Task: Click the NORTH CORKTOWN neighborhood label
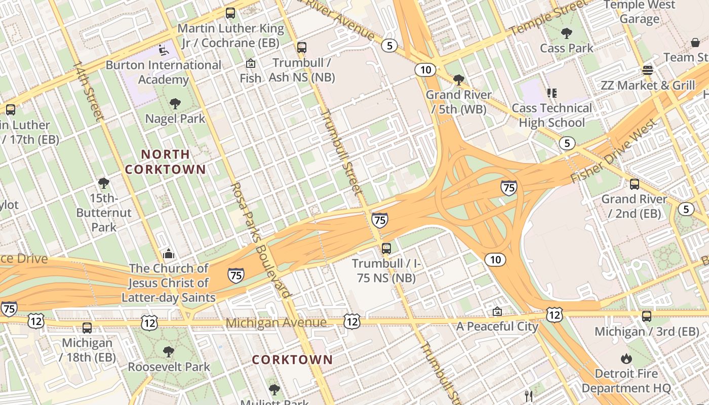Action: tap(165, 162)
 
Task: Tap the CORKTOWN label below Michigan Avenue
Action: tap(292, 360)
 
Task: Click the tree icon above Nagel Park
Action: tap(175, 104)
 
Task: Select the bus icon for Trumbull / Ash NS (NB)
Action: tap(302, 48)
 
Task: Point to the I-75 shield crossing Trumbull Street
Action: tap(380, 220)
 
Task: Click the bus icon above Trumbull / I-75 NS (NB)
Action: tap(386, 249)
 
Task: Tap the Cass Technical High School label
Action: tap(552, 115)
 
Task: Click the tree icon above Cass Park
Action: tap(566, 33)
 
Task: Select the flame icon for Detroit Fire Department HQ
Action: tap(626, 359)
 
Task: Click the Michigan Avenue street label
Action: tap(276, 323)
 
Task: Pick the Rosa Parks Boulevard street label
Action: tap(260, 240)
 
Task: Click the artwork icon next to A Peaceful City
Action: tap(497, 311)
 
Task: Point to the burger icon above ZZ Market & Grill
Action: tap(647, 70)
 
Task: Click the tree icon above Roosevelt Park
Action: tap(169, 351)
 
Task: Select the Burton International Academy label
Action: tap(163, 72)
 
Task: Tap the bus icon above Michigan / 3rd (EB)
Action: tap(647, 316)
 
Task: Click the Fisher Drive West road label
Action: tap(614, 151)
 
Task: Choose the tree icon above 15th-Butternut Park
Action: tap(104, 183)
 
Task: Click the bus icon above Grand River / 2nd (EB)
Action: tap(634, 184)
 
